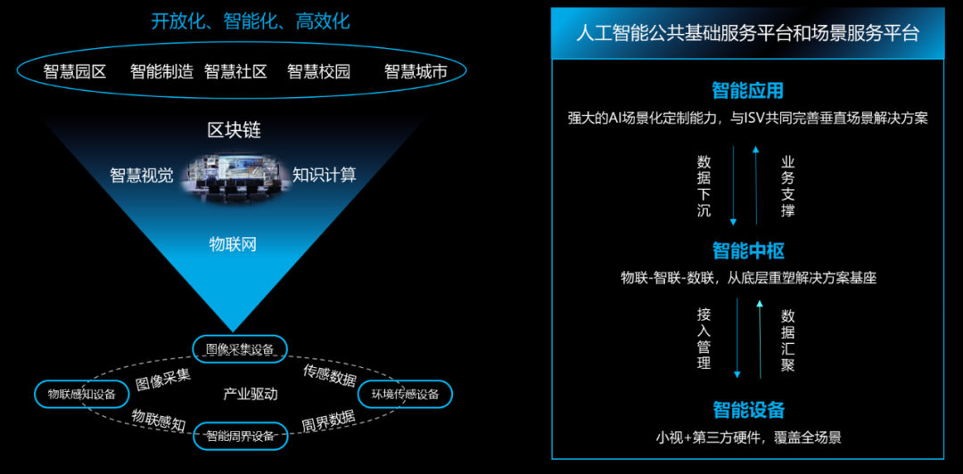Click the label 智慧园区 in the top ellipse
click(74, 72)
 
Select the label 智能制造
click(162, 72)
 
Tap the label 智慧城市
click(416, 72)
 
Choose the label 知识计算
click(325, 175)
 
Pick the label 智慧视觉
click(141, 175)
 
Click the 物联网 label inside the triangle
click(233, 244)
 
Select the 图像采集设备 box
click(239, 348)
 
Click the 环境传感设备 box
click(405, 394)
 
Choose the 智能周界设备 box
click(240, 437)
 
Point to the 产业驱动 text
click(251, 394)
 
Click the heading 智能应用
click(748, 92)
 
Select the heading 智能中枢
click(748, 250)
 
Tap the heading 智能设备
click(748, 409)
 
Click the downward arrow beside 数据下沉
click(734, 184)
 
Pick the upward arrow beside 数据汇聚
click(760, 339)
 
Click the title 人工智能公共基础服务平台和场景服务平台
click(747, 33)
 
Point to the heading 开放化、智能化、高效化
click(251, 21)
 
